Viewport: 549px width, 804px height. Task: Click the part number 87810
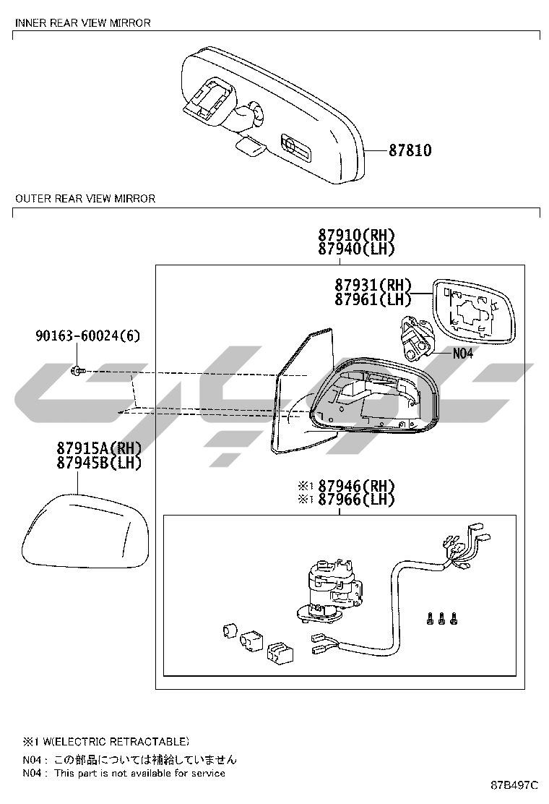pyautogui.click(x=410, y=150)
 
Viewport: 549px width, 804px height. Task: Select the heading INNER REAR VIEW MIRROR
pyautogui.click(x=83, y=23)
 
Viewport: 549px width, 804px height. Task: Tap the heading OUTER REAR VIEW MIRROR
pyautogui.click(x=85, y=198)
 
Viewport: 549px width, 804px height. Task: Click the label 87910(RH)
pyautogui.click(x=356, y=236)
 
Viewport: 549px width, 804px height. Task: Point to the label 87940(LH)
pyautogui.click(x=356, y=249)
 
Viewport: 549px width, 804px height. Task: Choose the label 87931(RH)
pyautogui.click(x=373, y=285)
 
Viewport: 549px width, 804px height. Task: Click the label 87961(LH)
pyautogui.click(x=373, y=299)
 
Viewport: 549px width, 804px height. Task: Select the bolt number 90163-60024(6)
pyautogui.click(x=87, y=336)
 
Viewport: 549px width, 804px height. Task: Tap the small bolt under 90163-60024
pyautogui.click(x=78, y=370)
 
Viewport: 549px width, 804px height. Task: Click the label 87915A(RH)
pyautogui.click(x=99, y=448)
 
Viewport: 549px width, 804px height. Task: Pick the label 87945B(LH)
pyautogui.click(x=99, y=463)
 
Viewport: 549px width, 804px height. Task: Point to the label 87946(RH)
pyautogui.click(x=356, y=486)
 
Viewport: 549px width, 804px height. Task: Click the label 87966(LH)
pyautogui.click(x=356, y=500)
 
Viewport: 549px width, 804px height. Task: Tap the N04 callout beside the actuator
pyautogui.click(x=463, y=354)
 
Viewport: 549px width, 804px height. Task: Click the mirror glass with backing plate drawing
pyautogui.click(x=474, y=312)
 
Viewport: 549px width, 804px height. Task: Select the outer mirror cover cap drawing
pyautogui.click(x=85, y=531)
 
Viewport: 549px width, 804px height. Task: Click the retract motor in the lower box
pyautogui.click(x=332, y=590)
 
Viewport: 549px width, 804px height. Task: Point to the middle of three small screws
pyautogui.click(x=441, y=618)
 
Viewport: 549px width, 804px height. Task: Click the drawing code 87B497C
pyautogui.click(x=514, y=785)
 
